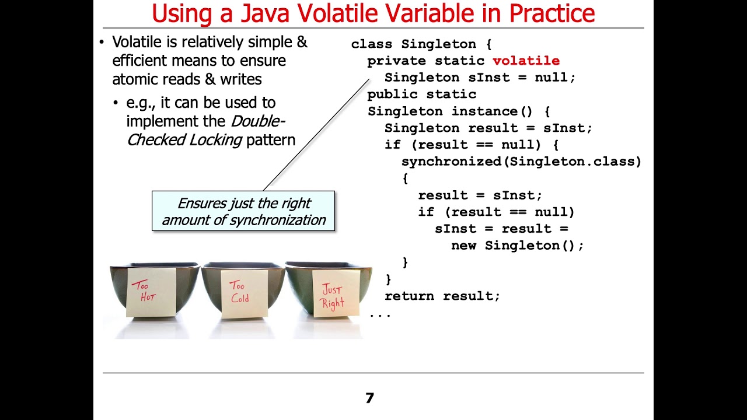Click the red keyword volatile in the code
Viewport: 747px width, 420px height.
pyautogui.click(x=526, y=61)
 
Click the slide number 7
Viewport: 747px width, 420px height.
pyautogui.click(x=369, y=398)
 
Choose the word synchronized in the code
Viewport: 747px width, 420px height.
pyautogui.click(x=451, y=162)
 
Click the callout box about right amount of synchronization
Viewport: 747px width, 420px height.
pyautogui.click(x=243, y=211)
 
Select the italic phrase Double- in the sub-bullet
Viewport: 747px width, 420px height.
pyautogui.click(x=258, y=121)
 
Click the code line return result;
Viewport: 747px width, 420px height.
pyautogui.click(x=442, y=296)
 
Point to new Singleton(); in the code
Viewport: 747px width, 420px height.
pyautogui.click(x=517, y=246)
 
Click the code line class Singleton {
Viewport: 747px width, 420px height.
pyautogui.click(x=421, y=44)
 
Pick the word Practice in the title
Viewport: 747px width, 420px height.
pyautogui.click(x=551, y=13)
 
